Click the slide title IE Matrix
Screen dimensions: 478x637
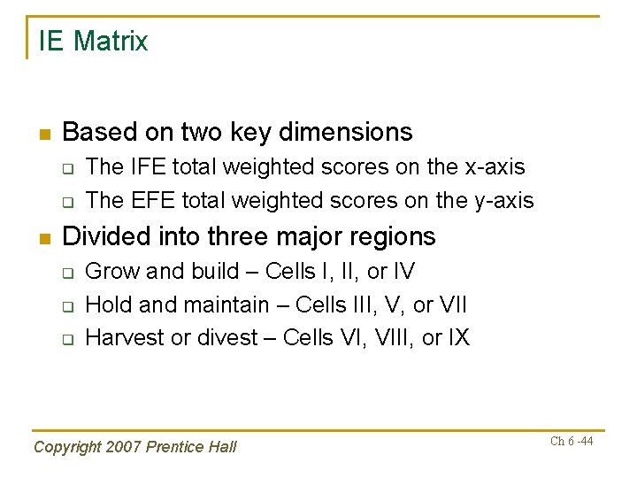coord(93,42)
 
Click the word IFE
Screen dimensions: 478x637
coord(146,167)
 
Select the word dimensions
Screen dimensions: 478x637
coord(345,133)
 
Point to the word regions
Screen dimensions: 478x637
coord(392,237)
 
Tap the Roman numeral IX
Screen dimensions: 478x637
coord(458,338)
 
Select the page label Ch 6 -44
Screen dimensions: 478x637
coord(571,442)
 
